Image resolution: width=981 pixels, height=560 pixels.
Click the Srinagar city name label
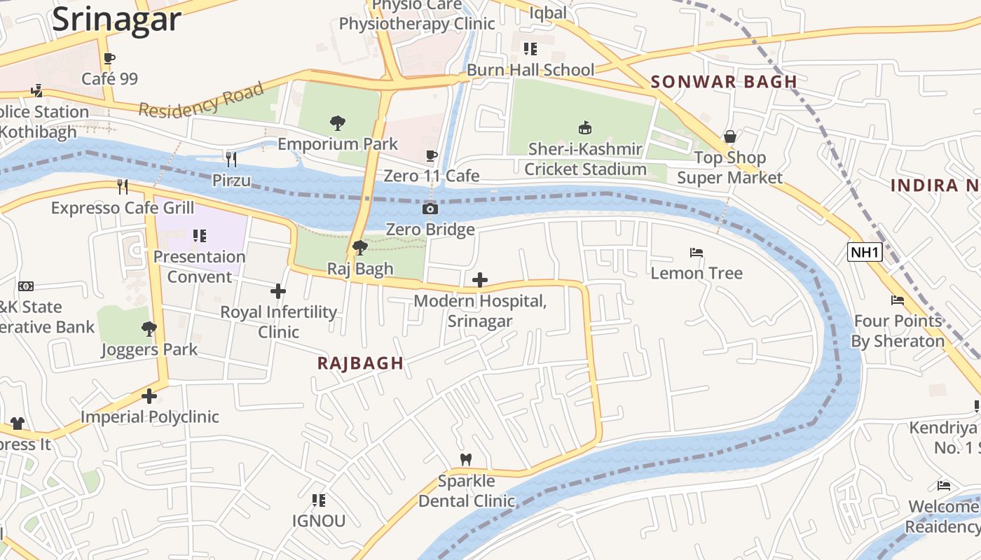click(x=116, y=20)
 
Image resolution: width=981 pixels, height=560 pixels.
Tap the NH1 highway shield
click(x=864, y=252)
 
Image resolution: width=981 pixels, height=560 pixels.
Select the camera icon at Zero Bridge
click(x=430, y=209)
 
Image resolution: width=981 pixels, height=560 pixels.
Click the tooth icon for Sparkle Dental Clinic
click(x=465, y=459)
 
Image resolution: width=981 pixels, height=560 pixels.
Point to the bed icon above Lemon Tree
click(x=696, y=252)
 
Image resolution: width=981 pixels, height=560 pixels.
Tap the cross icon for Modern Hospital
click(x=479, y=281)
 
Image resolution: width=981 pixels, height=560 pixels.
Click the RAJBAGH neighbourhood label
click(x=360, y=363)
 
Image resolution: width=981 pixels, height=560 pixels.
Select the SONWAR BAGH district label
click(x=724, y=82)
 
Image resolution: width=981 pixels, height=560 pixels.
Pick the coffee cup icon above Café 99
click(x=109, y=58)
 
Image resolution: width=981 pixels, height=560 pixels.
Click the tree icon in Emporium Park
click(x=338, y=124)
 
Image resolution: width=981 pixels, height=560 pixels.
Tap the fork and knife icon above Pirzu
click(x=231, y=160)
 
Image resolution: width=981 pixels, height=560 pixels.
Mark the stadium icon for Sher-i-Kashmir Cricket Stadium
click(x=584, y=127)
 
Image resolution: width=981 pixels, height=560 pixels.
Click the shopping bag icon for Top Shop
click(x=729, y=136)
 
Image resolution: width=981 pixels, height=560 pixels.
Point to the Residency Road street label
click(x=201, y=100)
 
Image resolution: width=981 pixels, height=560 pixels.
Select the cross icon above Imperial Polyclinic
click(x=149, y=396)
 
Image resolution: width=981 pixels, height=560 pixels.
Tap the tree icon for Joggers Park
click(x=149, y=328)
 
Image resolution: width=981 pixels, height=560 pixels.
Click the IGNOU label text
click(x=319, y=521)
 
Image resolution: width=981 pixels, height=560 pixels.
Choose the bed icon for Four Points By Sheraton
click(x=897, y=300)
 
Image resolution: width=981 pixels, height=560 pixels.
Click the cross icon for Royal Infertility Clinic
click(x=278, y=291)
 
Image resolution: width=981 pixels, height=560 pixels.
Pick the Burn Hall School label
click(x=530, y=70)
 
